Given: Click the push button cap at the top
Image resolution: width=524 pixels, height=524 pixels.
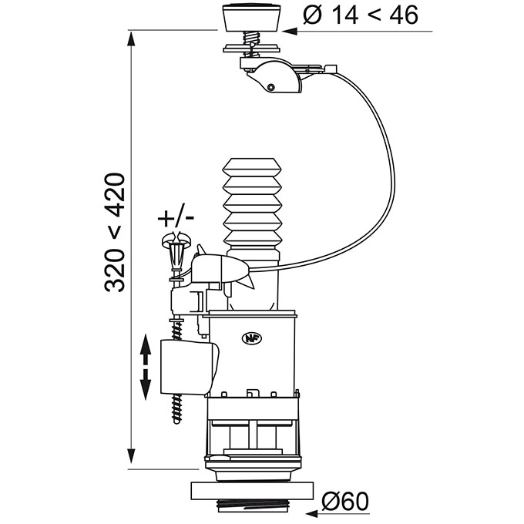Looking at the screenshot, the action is click(x=252, y=18).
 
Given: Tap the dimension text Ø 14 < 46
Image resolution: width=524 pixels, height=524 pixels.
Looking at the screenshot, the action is click(x=361, y=15).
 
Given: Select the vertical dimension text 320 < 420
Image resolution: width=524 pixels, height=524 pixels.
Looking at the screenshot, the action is click(x=115, y=233).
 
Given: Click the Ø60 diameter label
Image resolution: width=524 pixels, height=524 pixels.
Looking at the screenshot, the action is click(x=345, y=502).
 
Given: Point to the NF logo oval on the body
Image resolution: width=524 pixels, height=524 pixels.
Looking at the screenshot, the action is click(x=252, y=338).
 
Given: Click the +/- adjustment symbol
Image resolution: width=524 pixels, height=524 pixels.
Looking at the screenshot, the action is click(x=176, y=218).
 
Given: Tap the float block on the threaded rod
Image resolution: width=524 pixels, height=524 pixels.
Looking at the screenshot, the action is click(x=189, y=367).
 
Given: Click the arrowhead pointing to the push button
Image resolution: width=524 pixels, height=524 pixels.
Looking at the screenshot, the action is click(x=290, y=31).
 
